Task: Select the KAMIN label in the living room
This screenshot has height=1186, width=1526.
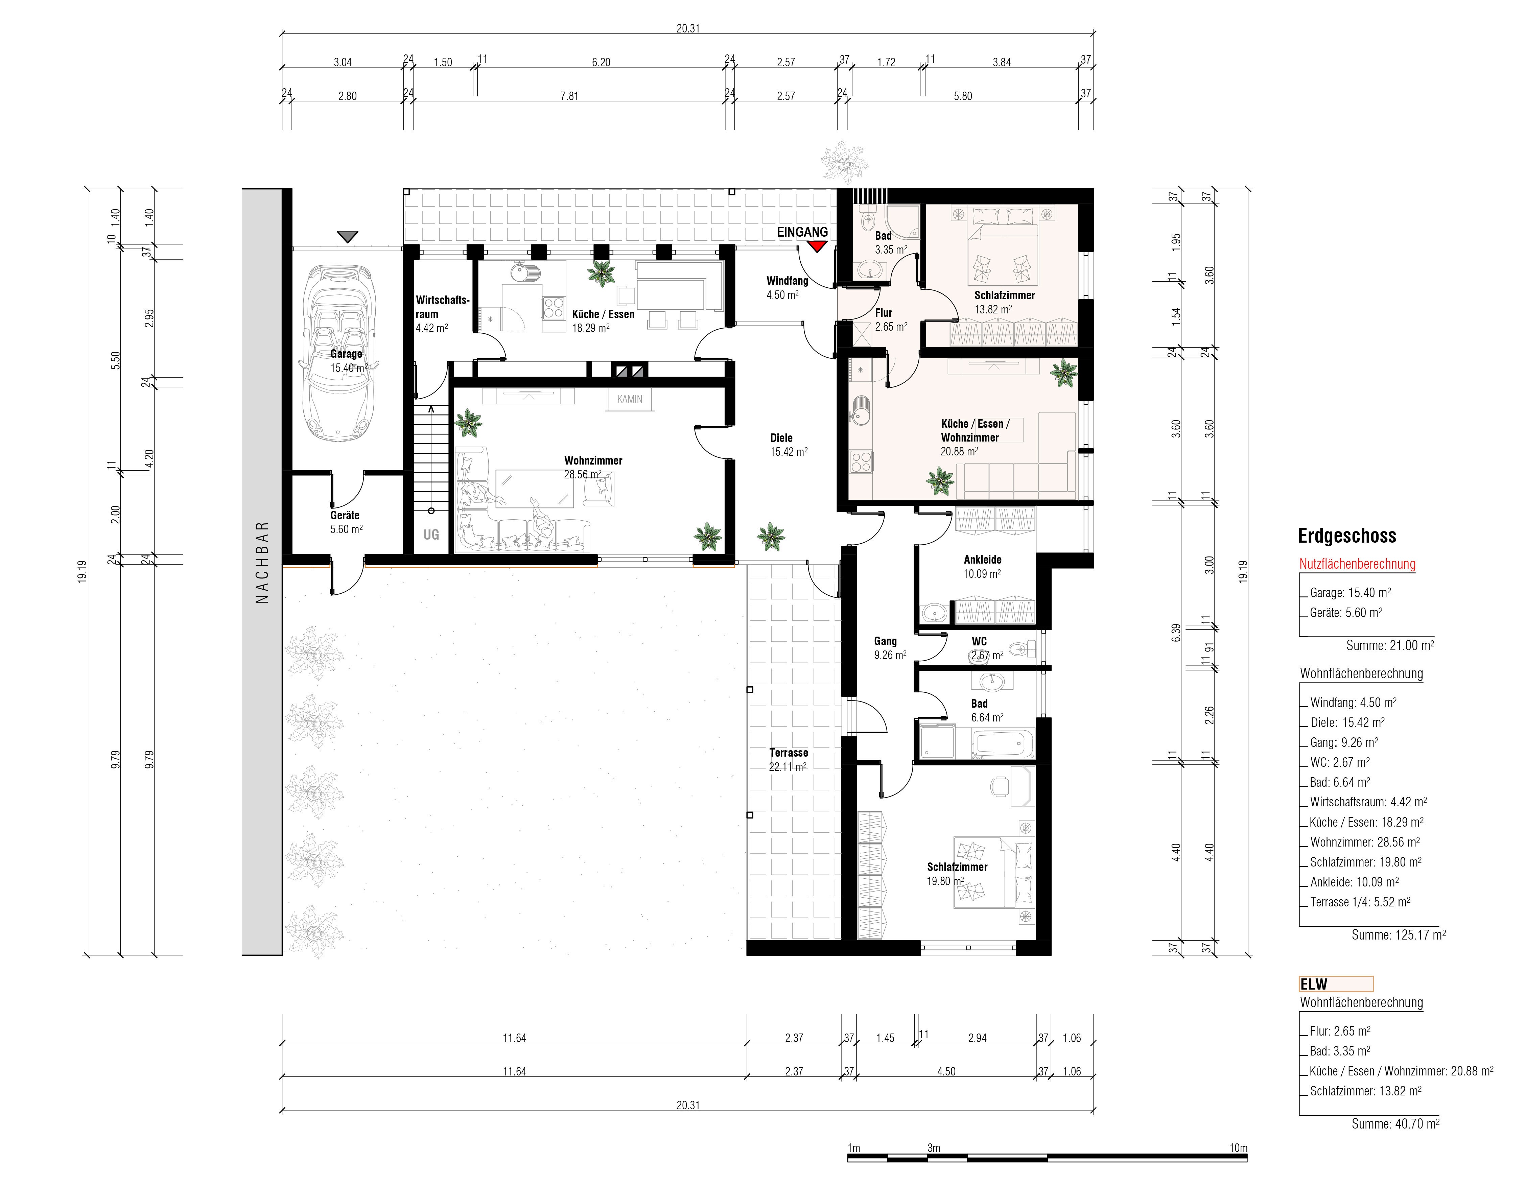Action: click(x=630, y=400)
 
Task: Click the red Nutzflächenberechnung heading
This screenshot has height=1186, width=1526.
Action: click(x=1357, y=564)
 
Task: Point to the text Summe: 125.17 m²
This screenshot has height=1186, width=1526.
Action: click(x=1398, y=934)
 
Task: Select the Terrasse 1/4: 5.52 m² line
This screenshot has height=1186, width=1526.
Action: click(x=1360, y=902)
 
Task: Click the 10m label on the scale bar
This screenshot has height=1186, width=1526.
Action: click(x=1238, y=1147)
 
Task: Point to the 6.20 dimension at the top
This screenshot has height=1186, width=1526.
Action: click(x=601, y=62)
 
